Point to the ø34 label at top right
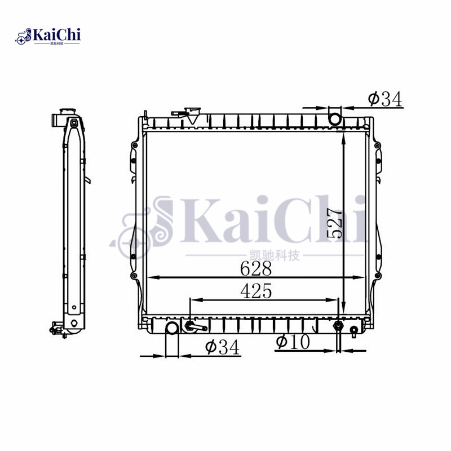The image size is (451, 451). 385,99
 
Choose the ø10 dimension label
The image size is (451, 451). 293,342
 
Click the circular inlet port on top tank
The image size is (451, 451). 335,118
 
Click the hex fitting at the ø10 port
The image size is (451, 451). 338,326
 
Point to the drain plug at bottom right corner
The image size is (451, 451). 353,330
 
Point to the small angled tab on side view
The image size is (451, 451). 88,180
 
